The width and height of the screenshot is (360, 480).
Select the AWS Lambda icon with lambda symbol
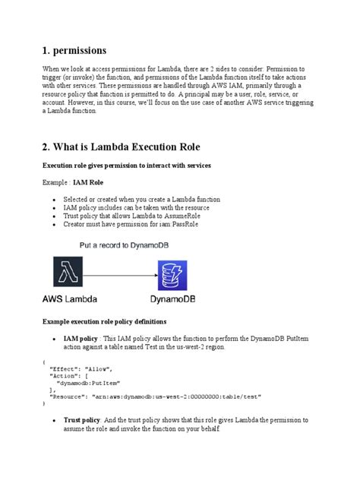[x=69, y=270]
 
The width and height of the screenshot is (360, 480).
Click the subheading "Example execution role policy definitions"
[x=114, y=322]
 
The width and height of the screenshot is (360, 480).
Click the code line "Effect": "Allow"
[x=80, y=368]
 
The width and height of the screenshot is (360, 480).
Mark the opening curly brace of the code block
[x=45, y=361]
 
